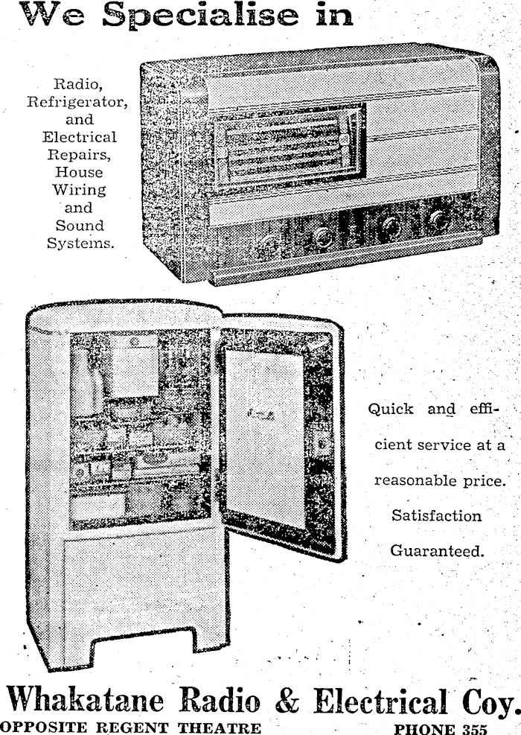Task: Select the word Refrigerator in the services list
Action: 77,102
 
